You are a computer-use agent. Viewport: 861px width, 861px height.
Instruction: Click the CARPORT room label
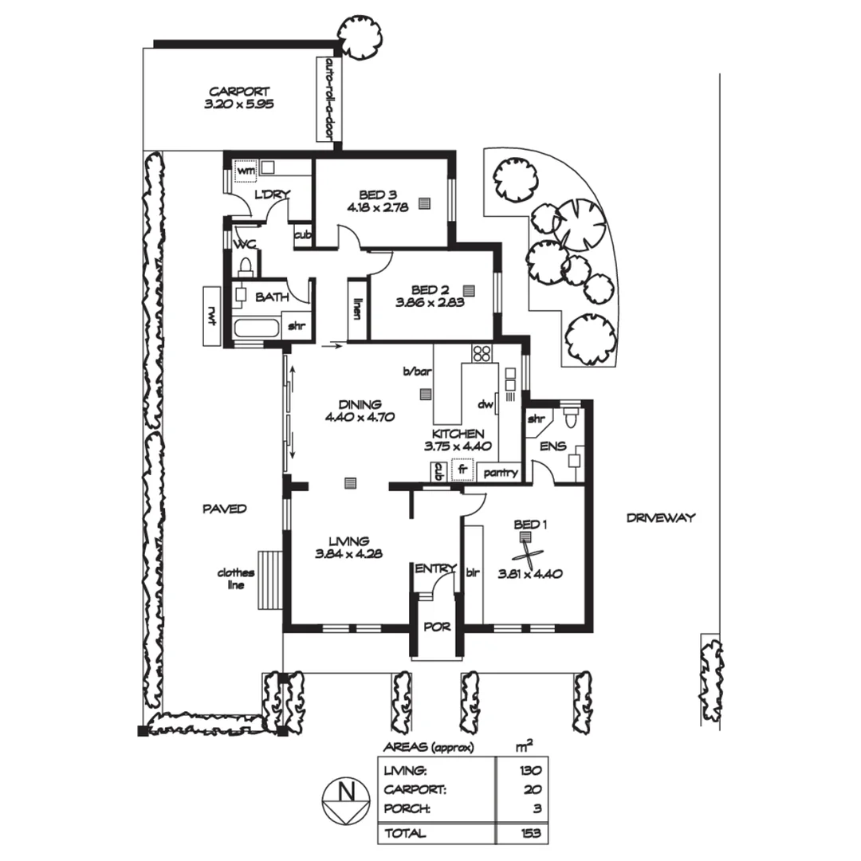coord(239,92)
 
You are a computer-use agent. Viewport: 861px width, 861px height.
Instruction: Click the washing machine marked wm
coord(246,170)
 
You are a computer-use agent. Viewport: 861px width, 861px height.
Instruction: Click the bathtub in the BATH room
coord(256,328)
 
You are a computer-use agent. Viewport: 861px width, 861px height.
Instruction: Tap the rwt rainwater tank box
coord(212,316)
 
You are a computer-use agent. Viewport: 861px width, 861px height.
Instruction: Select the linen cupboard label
coord(358,309)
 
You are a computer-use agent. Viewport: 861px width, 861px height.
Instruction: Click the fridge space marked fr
coord(462,470)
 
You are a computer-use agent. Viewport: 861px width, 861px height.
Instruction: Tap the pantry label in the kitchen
coord(501,473)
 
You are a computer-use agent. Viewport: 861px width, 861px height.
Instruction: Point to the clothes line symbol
coord(269,580)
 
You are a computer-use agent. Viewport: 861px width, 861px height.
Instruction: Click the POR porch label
coord(436,627)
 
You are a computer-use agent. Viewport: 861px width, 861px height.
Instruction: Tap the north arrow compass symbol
coord(347,799)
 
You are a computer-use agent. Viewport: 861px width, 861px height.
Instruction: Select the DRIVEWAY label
coord(660,517)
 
